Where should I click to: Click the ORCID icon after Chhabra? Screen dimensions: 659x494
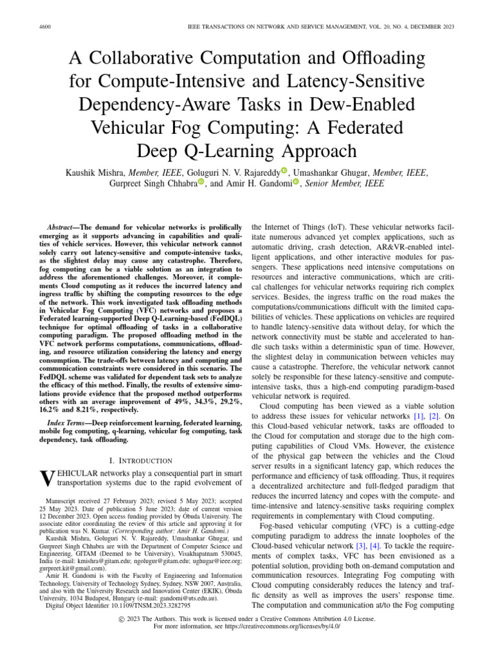pos(201,183)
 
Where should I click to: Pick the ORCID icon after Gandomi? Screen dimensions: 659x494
pos(297,183)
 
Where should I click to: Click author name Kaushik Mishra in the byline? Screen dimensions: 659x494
pos(93,172)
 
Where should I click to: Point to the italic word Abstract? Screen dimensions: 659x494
pos(62,228)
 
